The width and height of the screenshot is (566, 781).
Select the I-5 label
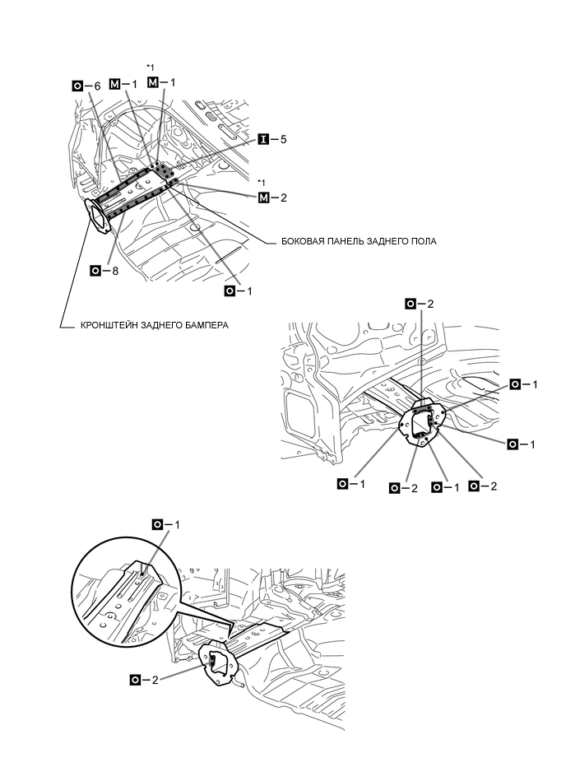[272, 140]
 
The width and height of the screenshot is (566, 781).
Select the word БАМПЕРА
[206, 325]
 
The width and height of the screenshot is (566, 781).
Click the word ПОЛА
[422, 242]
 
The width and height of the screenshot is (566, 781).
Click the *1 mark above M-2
[261, 182]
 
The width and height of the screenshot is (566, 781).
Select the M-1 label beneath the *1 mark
[162, 82]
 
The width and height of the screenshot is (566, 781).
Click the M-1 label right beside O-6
[123, 85]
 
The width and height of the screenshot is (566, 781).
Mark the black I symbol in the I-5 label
[263, 140]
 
